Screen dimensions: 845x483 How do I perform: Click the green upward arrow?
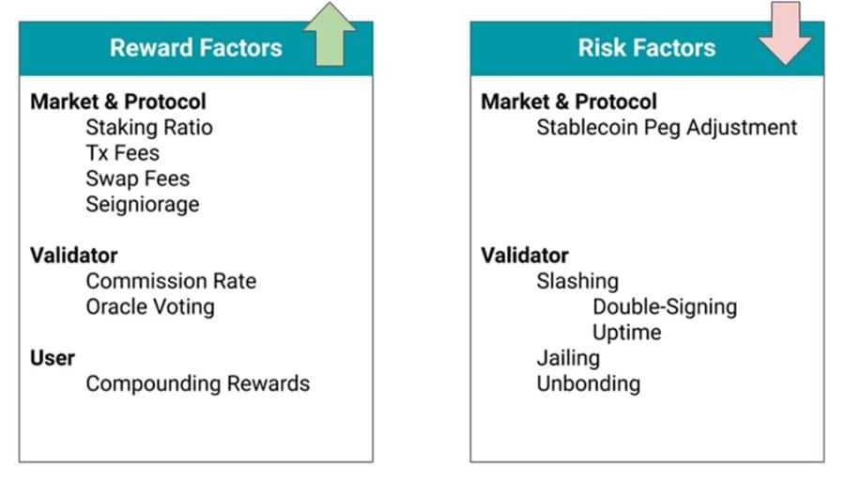click(330, 35)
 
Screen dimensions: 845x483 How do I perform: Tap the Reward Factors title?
click(196, 48)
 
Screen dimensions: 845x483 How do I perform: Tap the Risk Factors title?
click(647, 48)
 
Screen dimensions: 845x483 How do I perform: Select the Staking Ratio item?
click(149, 128)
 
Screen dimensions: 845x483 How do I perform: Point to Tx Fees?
click(123, 153)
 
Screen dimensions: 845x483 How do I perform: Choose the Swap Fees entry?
click(138, 179)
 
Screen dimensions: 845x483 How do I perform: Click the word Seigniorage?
click(143, 204)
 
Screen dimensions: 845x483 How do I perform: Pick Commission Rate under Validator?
click(172, 281)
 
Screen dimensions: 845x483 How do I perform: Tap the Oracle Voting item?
click(150, 306)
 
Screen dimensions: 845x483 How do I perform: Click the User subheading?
click(53, 358)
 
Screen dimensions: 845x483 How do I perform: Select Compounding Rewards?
click(198, 383)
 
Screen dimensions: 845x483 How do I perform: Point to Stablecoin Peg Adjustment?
click(667, 128)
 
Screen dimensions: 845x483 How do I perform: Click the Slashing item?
click(577, 281)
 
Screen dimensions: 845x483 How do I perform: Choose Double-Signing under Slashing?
click(665, 306)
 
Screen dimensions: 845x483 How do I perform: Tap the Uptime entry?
click(627, 333)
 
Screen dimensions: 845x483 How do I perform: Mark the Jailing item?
click(568, 358)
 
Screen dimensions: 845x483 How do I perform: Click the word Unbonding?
click(589, 383)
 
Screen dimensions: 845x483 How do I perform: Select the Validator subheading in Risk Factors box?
click(525, 256)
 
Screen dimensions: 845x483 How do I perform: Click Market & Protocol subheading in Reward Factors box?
click(118, 101)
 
